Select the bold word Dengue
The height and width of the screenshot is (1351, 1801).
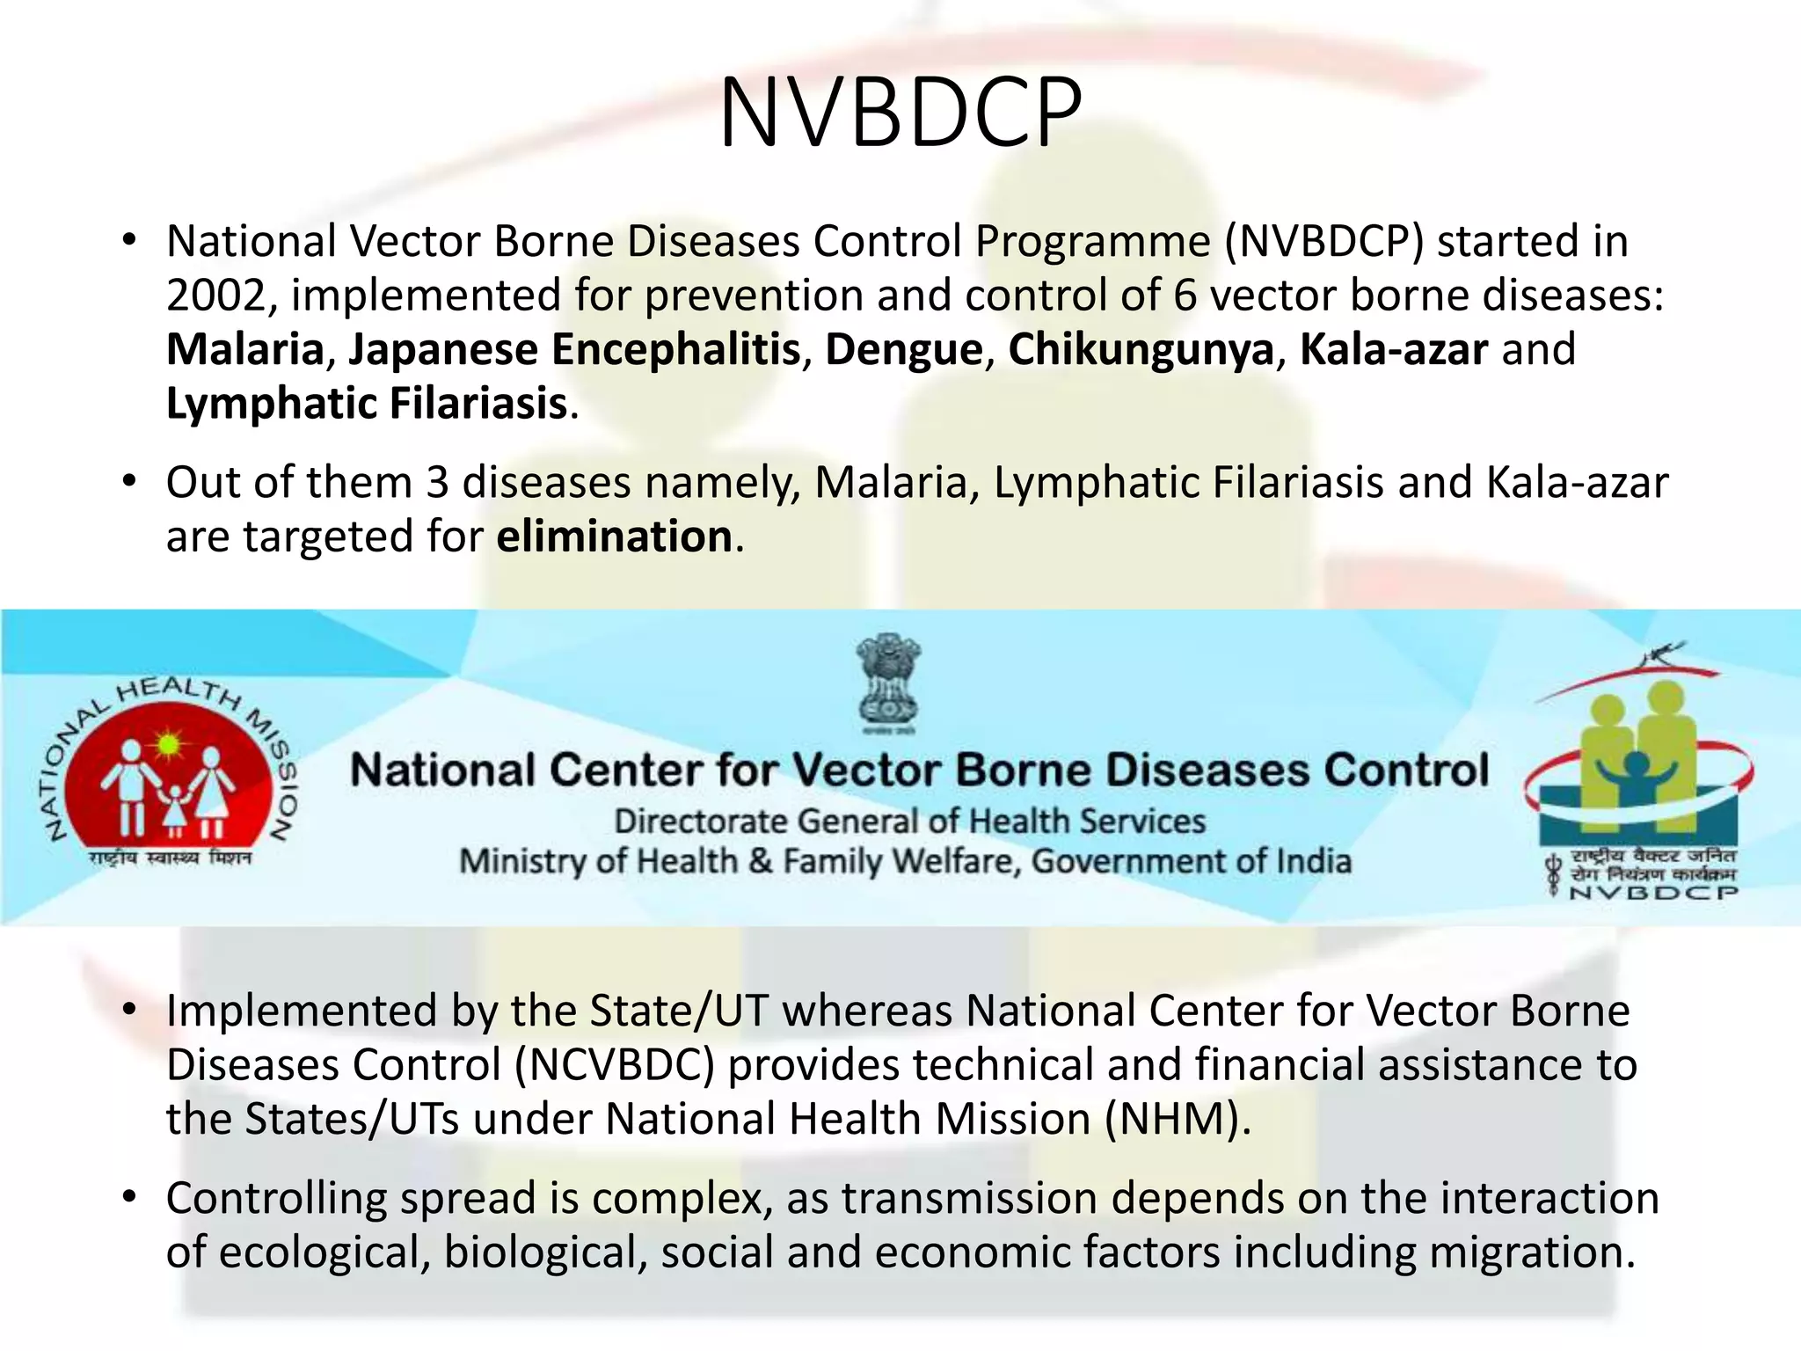click(903, 350)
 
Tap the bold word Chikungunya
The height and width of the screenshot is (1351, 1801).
click(1141, 350)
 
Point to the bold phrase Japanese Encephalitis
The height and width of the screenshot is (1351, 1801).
click(574, 350)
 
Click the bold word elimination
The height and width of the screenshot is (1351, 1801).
click(615, 537)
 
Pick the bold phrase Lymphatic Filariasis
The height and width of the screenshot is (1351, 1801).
click(367, 404)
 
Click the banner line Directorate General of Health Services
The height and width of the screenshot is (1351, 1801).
click(909, 822)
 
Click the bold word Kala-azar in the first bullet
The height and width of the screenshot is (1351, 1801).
click(1394, 350)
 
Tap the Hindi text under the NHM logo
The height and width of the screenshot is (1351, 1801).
click(170, 858)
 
